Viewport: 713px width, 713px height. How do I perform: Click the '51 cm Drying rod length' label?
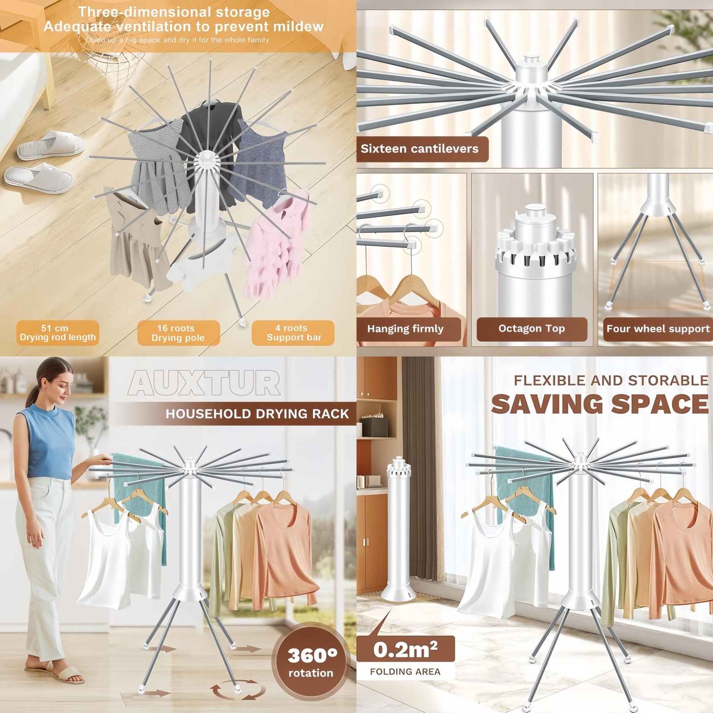click(x=57, y=333)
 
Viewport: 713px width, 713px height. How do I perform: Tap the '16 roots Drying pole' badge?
click(x=178, y=333)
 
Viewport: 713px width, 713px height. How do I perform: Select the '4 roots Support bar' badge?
click(x=293, y=333)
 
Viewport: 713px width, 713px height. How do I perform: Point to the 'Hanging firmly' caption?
click(x=406, y=329)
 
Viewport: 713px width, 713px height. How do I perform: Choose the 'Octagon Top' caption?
click(x=532, y=329)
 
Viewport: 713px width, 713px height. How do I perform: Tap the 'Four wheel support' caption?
click(x=658, y=329)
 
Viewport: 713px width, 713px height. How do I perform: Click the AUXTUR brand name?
click(x=205, y=383)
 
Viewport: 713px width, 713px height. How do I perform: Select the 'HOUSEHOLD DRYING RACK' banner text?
click(x=257, y=414)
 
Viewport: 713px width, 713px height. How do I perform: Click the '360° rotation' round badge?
click(x=311, y=661)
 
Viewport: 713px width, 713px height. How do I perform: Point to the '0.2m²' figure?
click(x=405, y=650)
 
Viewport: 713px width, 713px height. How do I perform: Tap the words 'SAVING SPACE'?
click(x=600, y=404)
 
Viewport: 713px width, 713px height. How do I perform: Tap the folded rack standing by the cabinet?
click(x=398, y=528)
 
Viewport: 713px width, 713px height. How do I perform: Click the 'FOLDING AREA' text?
click(x=405, y=672)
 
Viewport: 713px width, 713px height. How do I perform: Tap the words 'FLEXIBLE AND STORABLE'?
click(x=611, y=381)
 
